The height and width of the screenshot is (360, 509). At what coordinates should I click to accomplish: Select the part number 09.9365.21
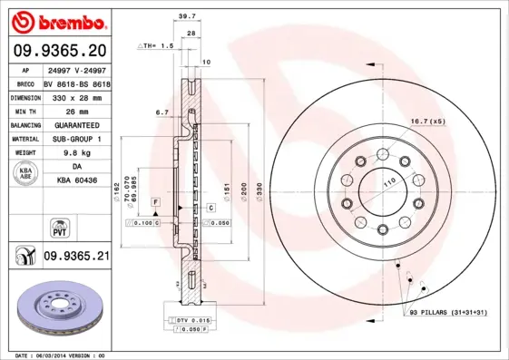point(76,257)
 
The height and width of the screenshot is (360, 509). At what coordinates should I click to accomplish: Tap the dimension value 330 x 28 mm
point(75,95)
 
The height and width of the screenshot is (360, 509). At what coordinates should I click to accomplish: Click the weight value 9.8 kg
point(75,153)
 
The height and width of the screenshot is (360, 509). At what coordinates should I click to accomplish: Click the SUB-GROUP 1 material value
point(75,139)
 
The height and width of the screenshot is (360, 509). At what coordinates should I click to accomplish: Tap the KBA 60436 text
point(76,182)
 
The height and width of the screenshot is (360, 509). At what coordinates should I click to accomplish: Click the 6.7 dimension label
point(162,112)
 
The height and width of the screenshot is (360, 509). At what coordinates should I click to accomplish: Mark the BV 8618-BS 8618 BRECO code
point(75,81)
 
